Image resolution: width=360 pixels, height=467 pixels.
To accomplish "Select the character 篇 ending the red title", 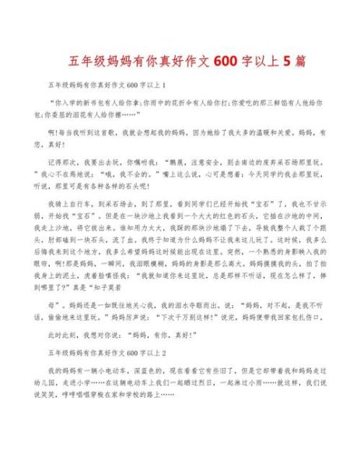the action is coord(299,61).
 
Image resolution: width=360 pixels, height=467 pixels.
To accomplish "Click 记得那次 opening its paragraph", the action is coord(65,164).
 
